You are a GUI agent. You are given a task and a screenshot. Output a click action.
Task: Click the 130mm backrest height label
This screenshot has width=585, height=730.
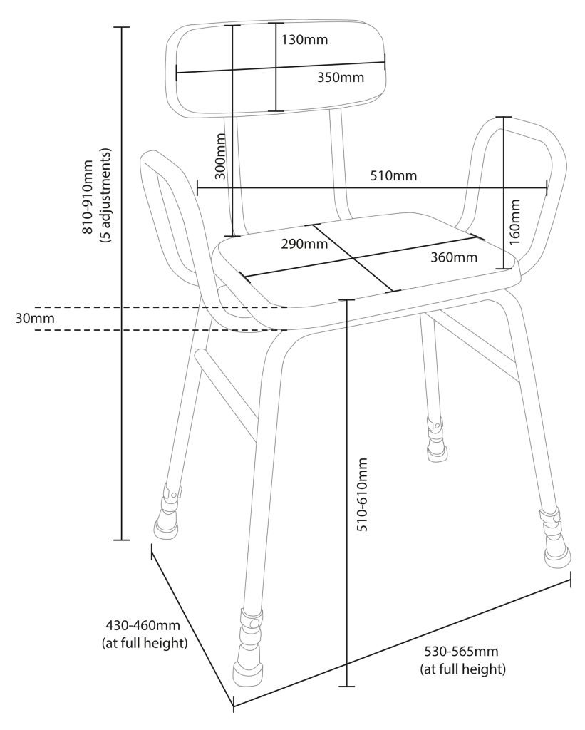click(x=304, y=40)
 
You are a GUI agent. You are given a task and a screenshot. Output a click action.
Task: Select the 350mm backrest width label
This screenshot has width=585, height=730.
click(x=340, y=78)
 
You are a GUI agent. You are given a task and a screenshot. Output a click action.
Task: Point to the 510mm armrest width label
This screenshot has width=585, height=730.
click(x=393, y=175)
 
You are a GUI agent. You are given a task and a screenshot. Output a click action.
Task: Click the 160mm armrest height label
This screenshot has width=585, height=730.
click(x=515, y=222)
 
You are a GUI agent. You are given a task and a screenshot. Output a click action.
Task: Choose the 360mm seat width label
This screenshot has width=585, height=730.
click(x=454, y=257)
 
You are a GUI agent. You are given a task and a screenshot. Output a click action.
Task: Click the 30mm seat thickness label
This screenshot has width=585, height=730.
click(x=34, y=318)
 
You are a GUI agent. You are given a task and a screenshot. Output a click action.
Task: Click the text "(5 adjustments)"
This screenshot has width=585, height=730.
click(x=106, y=197)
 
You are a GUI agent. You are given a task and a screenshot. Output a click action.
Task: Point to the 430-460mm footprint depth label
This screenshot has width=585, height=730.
click(x=143, y=626)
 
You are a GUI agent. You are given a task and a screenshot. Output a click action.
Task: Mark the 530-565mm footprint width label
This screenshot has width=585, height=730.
click(x=462, y=652)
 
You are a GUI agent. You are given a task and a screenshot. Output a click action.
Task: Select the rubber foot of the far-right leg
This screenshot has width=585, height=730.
click(x=558, y=554)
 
